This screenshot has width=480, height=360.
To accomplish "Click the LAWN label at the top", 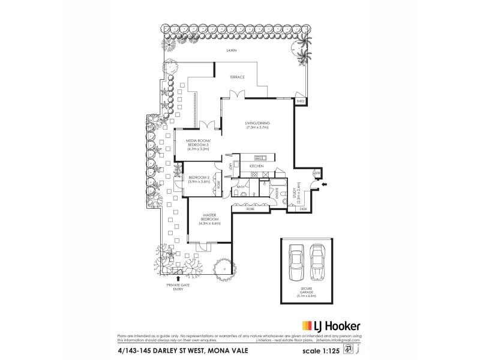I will point(231,51).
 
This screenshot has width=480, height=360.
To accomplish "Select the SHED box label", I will point(301,102).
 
